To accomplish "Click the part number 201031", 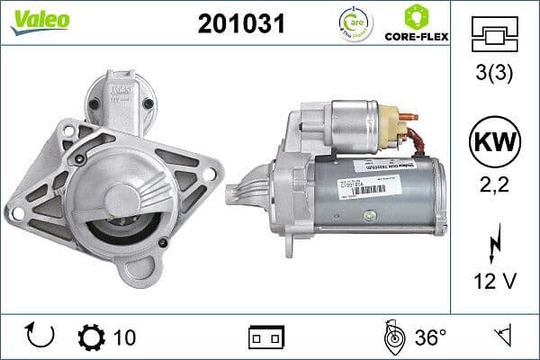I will click(240, 24).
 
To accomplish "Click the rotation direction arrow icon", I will click(41, 337).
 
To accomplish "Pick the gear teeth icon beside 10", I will click(92, 337).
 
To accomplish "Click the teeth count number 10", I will click(126, 337).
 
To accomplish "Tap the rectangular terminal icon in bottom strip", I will click(266, 338).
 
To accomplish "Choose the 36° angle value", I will click(430, 337).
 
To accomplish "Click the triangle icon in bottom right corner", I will click(503, 337).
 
